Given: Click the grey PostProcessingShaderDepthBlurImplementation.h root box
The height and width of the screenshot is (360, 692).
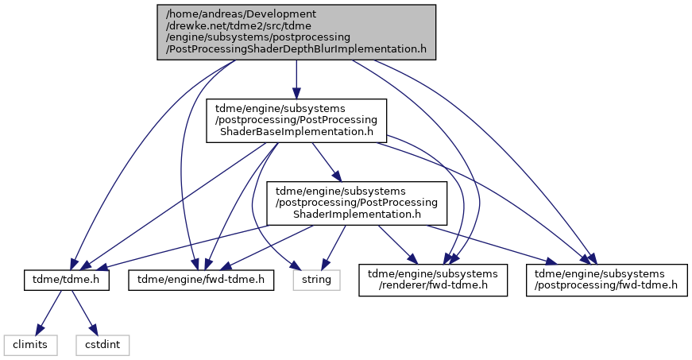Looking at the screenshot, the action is tap(296, 33).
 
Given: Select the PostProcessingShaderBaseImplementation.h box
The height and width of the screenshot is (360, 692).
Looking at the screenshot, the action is tap(296, 121).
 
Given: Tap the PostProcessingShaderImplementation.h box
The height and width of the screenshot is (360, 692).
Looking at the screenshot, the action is tap(357, 203).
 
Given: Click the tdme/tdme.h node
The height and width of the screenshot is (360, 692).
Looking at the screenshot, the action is tap(66, 279).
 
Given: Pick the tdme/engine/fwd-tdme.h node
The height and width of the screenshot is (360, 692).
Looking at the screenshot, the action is tap(201, 279).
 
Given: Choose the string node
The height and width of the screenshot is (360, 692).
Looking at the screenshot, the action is tap(316, 279).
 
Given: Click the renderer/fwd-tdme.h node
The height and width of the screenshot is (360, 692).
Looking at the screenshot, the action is tap(433, 280).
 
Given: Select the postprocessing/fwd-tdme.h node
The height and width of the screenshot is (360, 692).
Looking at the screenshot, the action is tap(606, 280).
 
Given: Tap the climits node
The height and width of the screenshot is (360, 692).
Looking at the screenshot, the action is tap(30, 345).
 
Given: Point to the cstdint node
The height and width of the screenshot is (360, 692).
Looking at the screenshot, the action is tap(102, 345).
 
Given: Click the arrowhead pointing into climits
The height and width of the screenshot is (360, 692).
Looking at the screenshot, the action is tap(40, 330).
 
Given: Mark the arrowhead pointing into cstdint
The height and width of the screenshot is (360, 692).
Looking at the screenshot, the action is tap(93, 330).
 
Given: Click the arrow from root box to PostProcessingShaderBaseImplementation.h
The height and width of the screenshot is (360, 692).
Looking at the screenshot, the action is tap(296, 79).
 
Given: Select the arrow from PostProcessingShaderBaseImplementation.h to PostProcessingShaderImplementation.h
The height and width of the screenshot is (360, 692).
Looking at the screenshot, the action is tap(327, 162).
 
